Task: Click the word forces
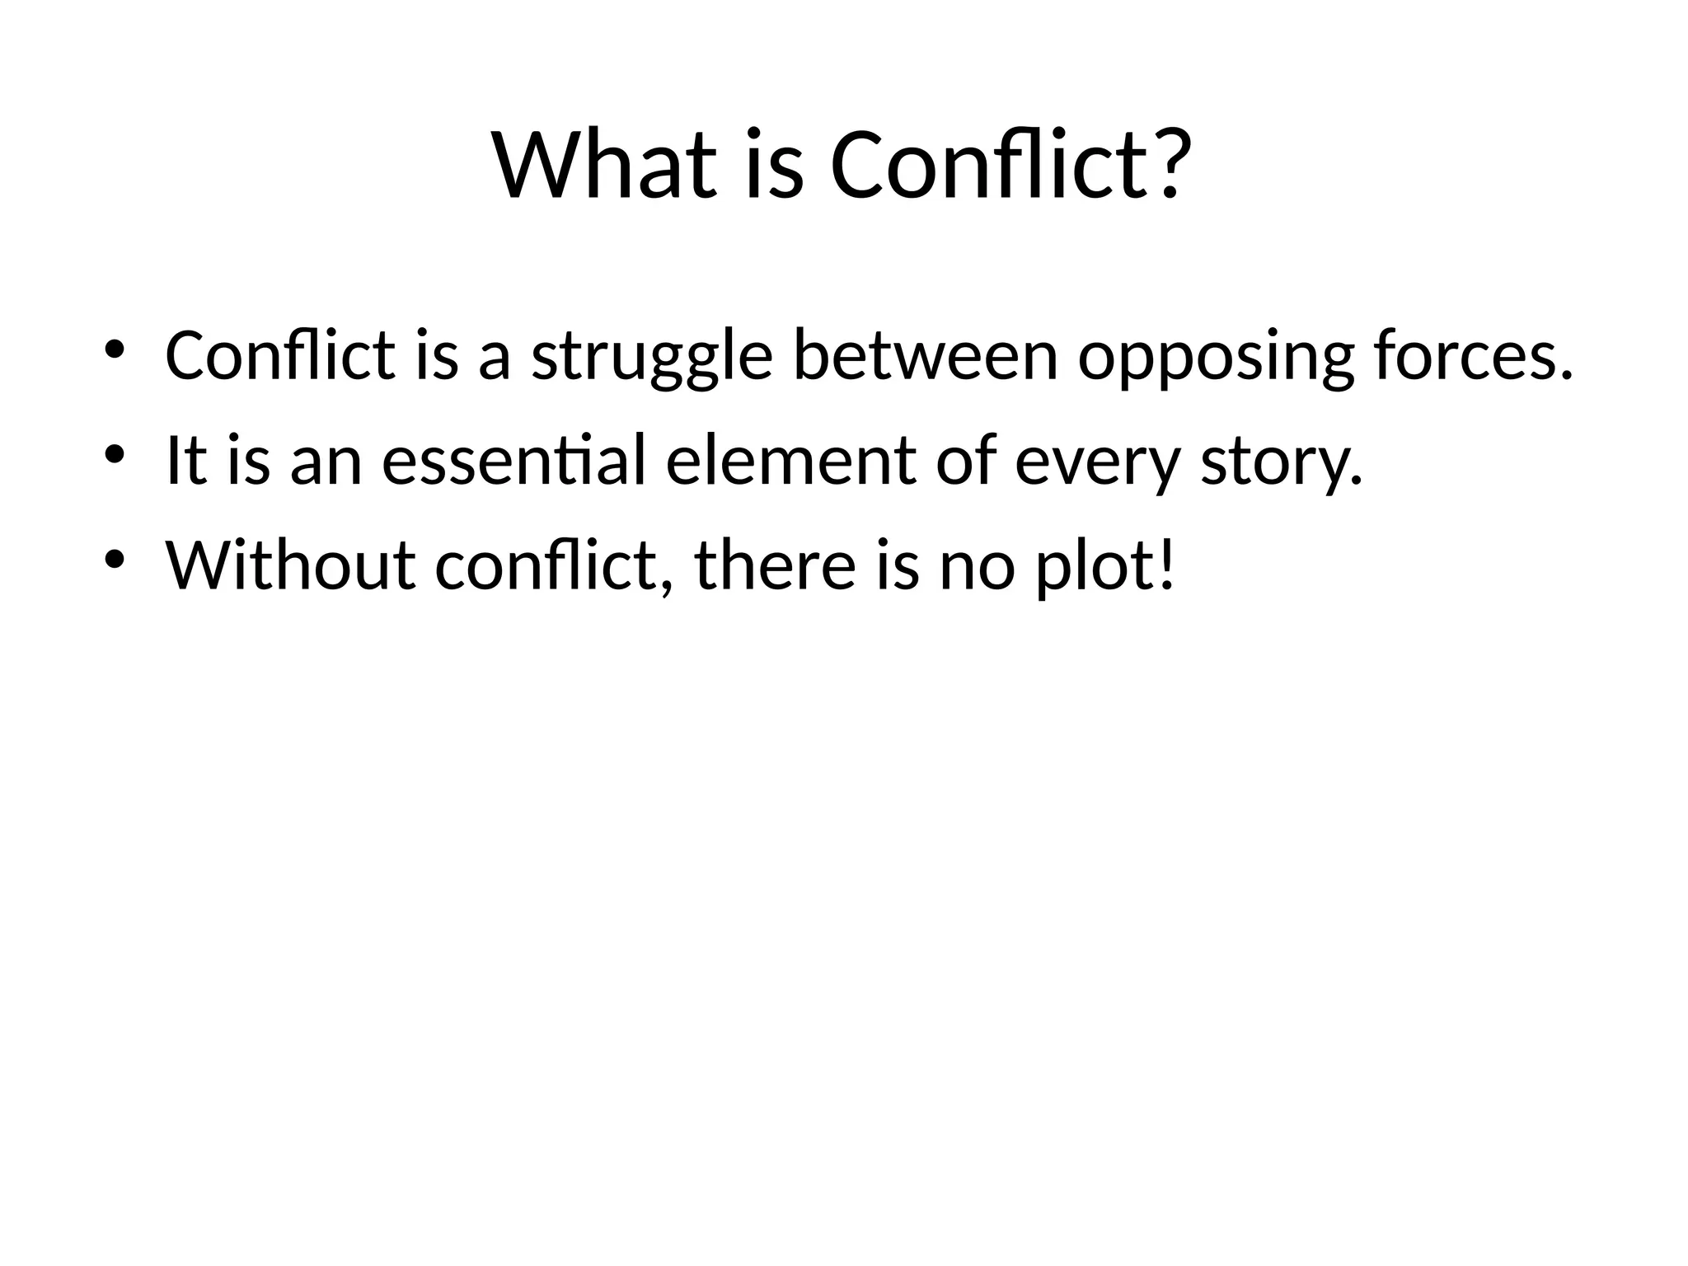point(1472,356)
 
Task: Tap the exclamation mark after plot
point(1165,565)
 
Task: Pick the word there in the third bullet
point(775,565)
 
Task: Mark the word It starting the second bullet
point(185,461)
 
